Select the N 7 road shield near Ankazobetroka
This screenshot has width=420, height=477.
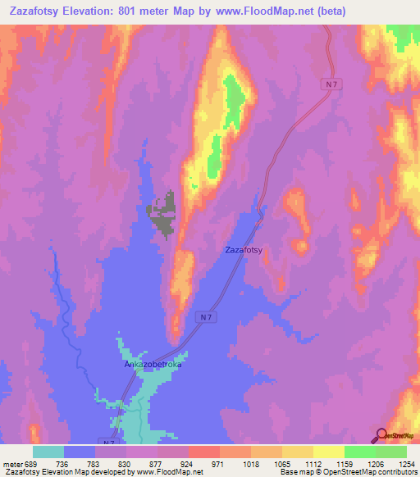pos(206,317)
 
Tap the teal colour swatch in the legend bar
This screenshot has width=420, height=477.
pos(48,452)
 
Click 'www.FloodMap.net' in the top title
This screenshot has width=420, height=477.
pos(244,11)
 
